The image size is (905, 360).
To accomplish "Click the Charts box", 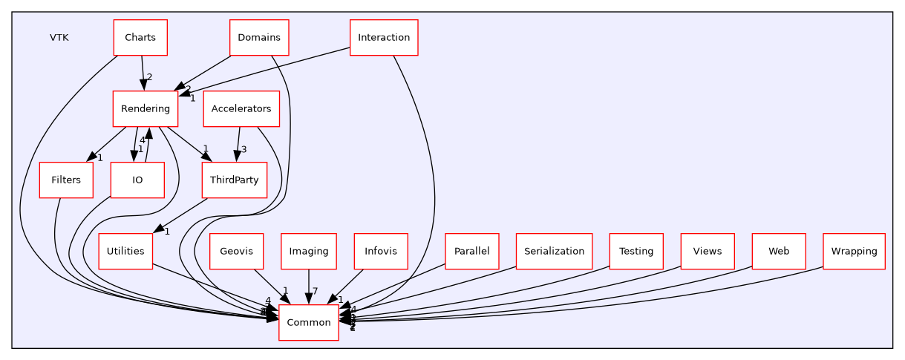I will [140, 38].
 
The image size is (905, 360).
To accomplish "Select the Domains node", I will [259, 38].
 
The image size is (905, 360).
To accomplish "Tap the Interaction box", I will [384, 38].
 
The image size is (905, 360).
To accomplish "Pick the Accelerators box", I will [241, 109].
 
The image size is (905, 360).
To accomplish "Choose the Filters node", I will [66, 180].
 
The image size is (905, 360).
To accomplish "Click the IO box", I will [137, 180].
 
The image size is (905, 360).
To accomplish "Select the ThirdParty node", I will [234, 180].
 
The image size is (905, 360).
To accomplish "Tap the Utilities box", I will [125, 251].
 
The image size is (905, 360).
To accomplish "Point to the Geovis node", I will [236, 251].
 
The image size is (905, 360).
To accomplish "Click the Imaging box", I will [309, 251].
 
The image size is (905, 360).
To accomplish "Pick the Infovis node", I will [381, 251].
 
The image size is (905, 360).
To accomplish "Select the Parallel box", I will [471, 251].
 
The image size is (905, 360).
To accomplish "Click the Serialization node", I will [554, 251].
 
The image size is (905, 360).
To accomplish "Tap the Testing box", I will [636, 251].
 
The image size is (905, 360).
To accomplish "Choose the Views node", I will [708, 251].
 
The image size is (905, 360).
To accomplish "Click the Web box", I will [779, 251].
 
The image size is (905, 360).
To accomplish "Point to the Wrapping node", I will [854, 251].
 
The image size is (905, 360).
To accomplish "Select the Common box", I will [309, 322].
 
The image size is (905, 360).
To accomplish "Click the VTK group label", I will [59, 38].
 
